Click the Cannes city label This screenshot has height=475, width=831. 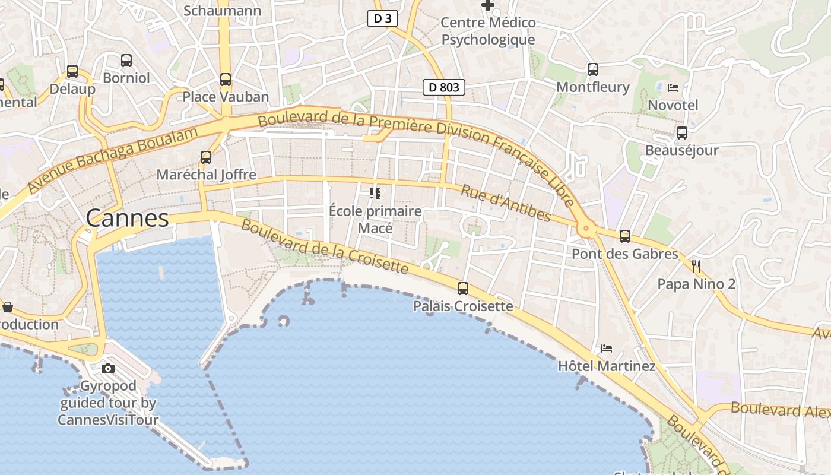(128, 218)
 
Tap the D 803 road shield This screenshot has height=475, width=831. (443, 87)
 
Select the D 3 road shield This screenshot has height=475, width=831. (382, 18)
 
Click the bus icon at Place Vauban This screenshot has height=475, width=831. (226, 80)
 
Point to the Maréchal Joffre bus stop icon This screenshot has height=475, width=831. (206, 157)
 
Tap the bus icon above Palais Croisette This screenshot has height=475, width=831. (463, 289)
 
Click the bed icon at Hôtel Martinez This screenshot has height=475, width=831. (607, 349)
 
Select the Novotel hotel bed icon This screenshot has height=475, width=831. (673, 88)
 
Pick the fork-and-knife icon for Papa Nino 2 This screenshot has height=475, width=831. (696, 266)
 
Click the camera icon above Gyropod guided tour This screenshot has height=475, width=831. (108, 368)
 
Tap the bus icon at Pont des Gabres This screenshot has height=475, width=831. (625, 236)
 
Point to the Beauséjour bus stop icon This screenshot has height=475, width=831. (682, 133)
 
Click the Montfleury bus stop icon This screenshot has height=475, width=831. (593, 69)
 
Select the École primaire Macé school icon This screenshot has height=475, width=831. (375, 194)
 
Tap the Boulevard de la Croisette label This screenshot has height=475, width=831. (325, 248)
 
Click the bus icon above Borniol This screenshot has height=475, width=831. (126, 61)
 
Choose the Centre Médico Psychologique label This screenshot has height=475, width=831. (488, 31)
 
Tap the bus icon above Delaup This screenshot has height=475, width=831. (72, 71)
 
